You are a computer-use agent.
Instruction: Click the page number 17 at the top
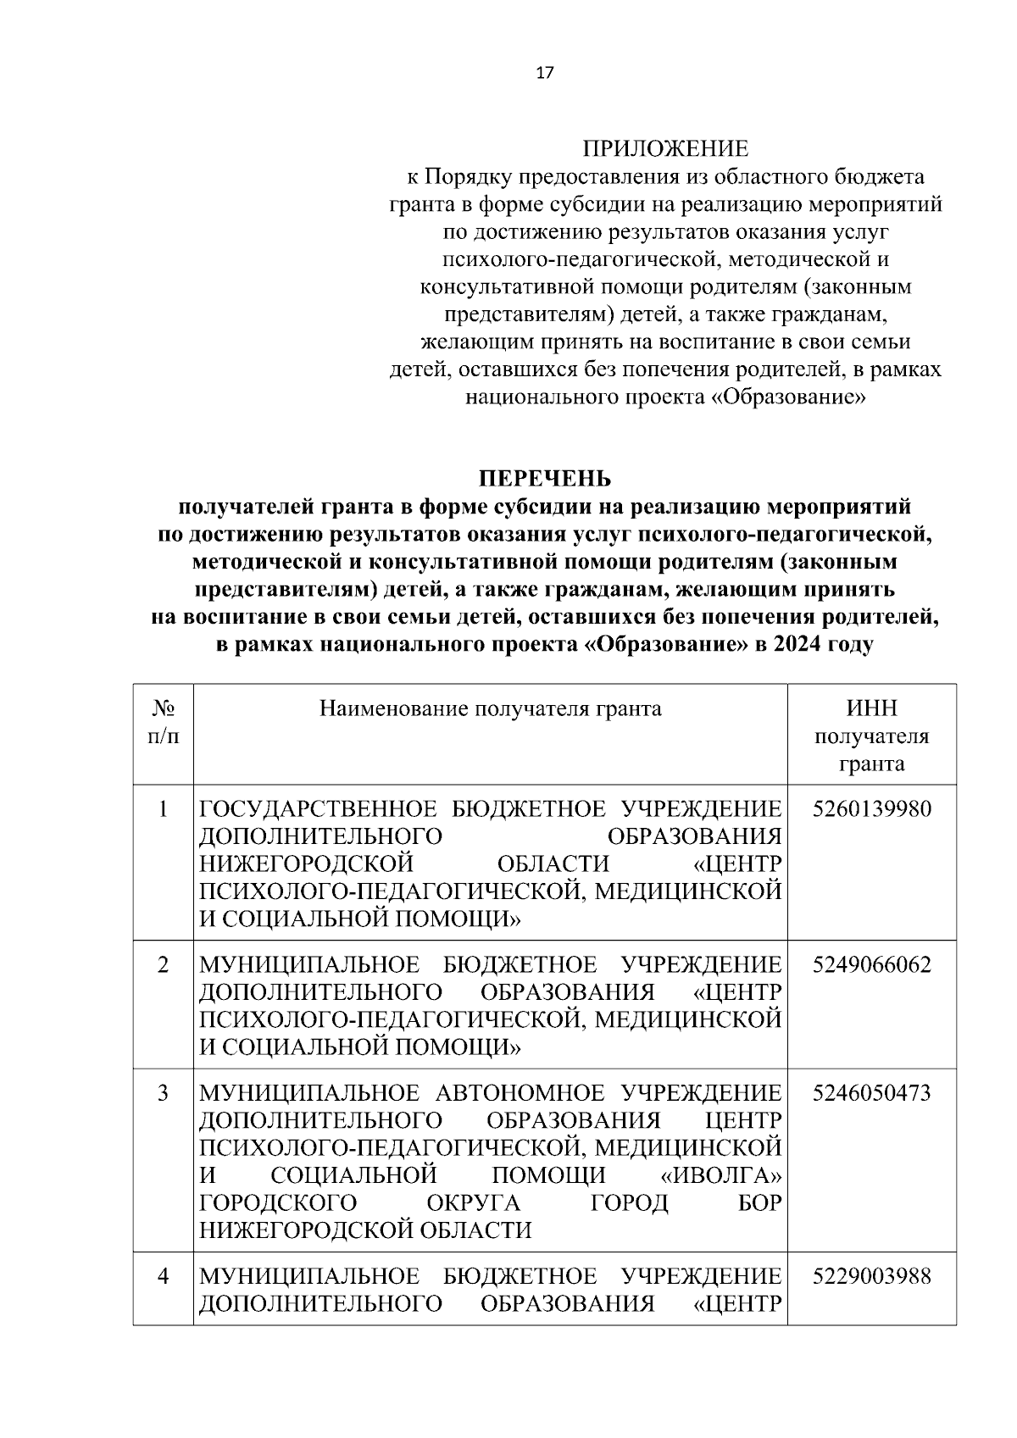click(x=545, y=73)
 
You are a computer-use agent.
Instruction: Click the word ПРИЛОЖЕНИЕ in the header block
click(x=665, y=149)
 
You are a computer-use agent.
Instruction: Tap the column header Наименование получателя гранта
click(x=490, y=708)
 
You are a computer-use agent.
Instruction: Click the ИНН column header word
click(x=871, y=708)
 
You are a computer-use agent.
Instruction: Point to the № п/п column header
click(x=163, y=722)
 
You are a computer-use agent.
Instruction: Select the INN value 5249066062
click(x=871, y=965)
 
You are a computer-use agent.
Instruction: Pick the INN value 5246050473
click(x=871, y=1093)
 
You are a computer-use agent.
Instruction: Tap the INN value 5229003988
click(x=871, y=1276)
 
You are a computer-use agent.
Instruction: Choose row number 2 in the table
click(x=163, y=965)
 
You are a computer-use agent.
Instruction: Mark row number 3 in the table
click(x=163, y=1093)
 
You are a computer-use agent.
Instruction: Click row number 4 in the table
click(x=163, y=1276)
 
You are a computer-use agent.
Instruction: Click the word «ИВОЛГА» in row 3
click(x=720, y=1175)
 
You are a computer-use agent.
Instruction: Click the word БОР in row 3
click(x=759, y=1203)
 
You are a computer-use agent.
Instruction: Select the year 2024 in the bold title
click(x=799, y=644)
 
